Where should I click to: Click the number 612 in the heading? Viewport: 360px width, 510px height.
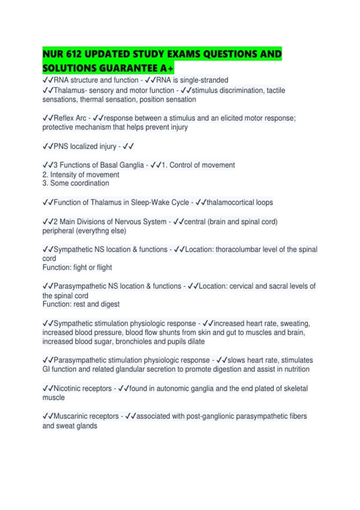tap(74, 54)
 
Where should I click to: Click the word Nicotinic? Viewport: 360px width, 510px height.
tap(67, 388)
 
